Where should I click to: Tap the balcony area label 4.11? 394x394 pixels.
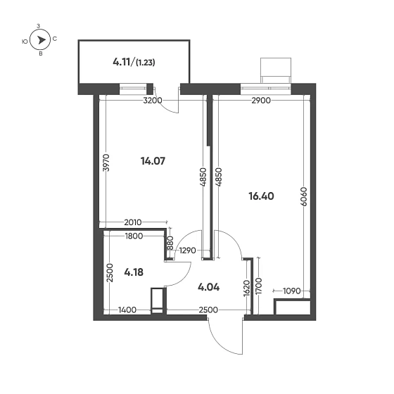[x=122, y=62]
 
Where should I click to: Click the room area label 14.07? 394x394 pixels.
[x=153, y=161]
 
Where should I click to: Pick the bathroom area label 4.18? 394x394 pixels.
[x=134, y=271]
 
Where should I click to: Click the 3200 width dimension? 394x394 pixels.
[x=152, y=101]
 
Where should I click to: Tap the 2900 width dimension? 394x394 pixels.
[x=261, y=101]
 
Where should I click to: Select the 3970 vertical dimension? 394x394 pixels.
[x=106, y=163]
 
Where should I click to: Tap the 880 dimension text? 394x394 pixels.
[x=170, y=244]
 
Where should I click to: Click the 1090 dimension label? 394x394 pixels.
[x=291, y=290]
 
